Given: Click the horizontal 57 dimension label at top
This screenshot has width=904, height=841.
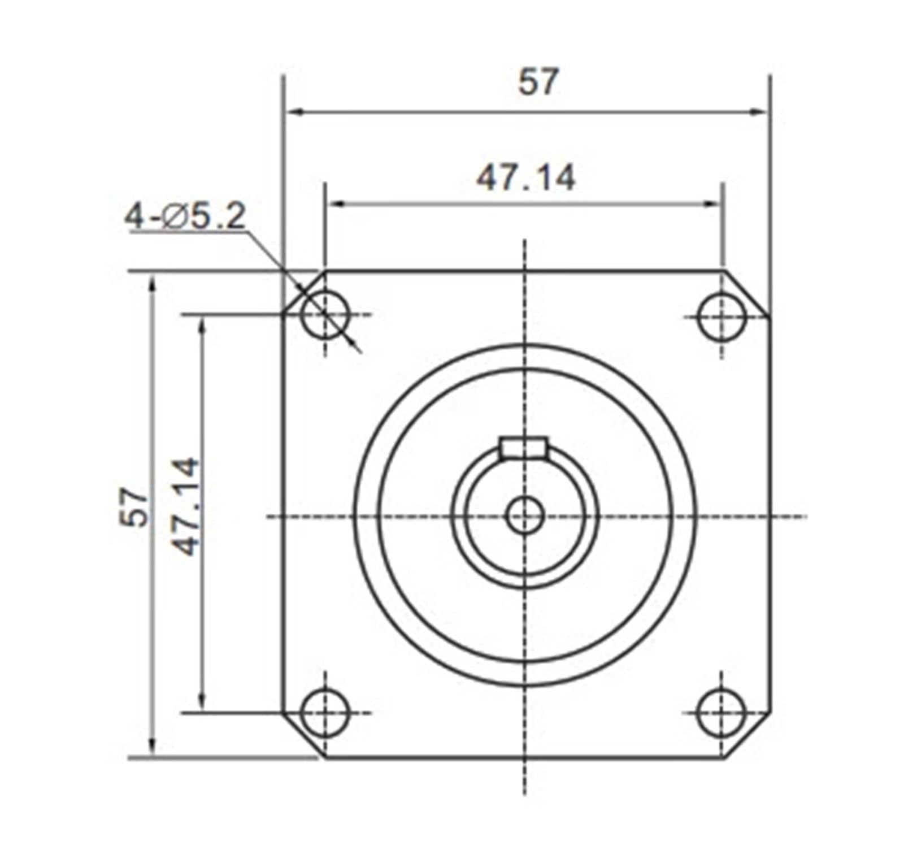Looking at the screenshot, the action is [x=538, y=81].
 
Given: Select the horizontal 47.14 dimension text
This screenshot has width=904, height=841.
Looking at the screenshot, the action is [x=525, y=178].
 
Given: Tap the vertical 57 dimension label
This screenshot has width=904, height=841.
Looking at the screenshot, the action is [x=135, y=507].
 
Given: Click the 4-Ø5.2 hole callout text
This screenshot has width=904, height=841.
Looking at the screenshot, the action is [x=185, y=216].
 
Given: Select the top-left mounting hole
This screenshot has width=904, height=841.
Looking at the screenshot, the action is [x=325, y=314].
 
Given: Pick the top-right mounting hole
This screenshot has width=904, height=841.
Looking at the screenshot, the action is [x=722, y=316].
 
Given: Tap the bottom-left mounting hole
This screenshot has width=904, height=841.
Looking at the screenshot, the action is [x=325, y=712].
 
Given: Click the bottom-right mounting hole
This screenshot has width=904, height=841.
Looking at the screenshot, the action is [x=722, y=712].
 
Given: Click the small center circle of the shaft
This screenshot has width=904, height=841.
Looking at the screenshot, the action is [x=525, y=515].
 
